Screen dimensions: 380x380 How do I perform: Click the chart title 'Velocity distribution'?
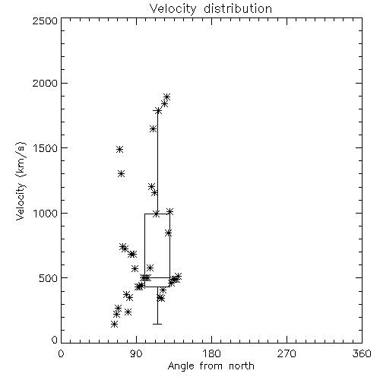tap(211, 8)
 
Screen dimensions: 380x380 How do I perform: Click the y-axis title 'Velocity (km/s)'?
tap(21, 181)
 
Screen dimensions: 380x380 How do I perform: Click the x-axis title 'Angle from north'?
tap(211, 366)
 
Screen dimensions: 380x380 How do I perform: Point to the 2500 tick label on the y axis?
tap(45, 21)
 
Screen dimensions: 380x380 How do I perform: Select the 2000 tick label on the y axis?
tap(45, 83)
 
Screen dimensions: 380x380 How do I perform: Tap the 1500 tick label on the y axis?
tap(45, 148)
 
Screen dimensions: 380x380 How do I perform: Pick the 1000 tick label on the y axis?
tap(45, 213)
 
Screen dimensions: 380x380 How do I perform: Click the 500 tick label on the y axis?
tap(48, 278)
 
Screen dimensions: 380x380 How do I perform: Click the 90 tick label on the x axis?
tap(136, 353)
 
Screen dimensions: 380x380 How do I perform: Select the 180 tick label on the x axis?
tap(211, 353)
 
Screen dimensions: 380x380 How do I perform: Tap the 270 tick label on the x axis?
tap(287, 353)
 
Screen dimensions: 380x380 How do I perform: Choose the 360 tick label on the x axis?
tap(362, 353)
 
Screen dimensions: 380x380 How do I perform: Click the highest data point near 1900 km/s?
tap(166, 97)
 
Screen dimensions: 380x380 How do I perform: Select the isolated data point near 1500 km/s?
tap(120, 149)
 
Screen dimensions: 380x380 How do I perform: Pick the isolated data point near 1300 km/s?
tap(122, 173)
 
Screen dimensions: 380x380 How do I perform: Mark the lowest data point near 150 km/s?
tap(114, 324)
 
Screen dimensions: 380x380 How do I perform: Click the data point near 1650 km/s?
tap(153, 128)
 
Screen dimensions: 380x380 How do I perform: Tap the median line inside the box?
tap(157, 277)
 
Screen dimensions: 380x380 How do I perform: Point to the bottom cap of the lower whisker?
tap(157, 324)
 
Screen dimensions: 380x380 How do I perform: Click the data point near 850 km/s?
tap(169, 233)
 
